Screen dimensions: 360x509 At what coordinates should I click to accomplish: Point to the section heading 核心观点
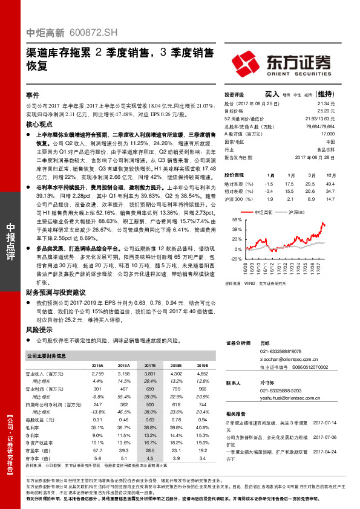click(x=39, y=123)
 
